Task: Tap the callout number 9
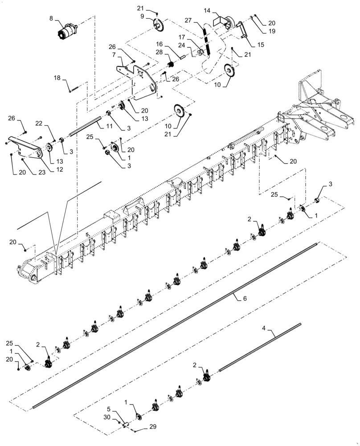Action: click(142, 16)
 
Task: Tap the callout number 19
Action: click(271, 31)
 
